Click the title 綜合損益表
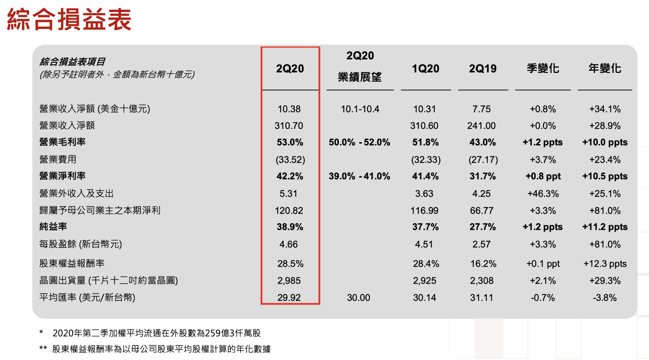pos(69,19)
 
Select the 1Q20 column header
pos(425,68)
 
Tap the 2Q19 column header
pos(483,68)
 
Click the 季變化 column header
pos(543,68)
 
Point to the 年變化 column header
pos(605,68)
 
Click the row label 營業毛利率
pos(62,142)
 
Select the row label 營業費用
pos(58,159)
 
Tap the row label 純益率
pos(53,226)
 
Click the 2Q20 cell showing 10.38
pos(289,109)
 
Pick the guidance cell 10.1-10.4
pos(360,109)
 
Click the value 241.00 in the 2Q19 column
pos(481,126)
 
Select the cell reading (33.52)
pos(290,159)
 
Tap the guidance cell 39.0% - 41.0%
pos(359,176)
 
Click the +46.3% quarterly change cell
pos(543,193)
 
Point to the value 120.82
pos(289,211)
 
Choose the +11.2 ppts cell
pos(605,227)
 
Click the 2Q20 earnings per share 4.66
pos(289,244)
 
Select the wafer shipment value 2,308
pos(481,280)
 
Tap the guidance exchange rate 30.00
pos(358,297)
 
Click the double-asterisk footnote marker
pos(43,348)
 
